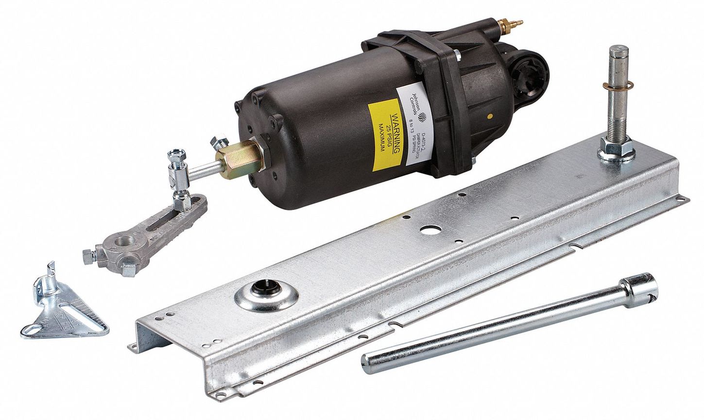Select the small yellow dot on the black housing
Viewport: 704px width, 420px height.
tap(492, 117)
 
